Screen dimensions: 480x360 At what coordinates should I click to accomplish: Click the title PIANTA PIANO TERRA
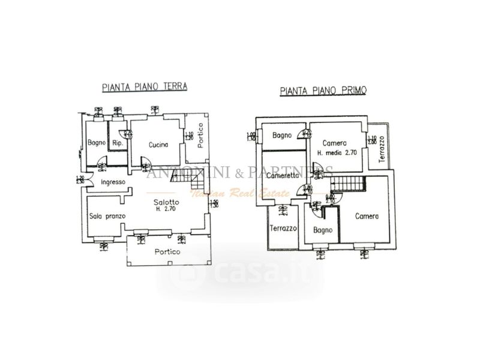pyautogui.click(x=145, y=86)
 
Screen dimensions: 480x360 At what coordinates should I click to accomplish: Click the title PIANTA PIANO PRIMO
pyautogui.click(x=324, y=91)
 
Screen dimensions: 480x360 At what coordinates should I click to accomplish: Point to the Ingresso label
pyautogui.click(x=113, y=182)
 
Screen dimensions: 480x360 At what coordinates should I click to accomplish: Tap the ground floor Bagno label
pyautogui.click(x=97, y=143)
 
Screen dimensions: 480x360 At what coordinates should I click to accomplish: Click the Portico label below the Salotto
pyautogui.click(x=166, y=251)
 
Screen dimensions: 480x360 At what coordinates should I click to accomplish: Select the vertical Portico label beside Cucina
pyautogui.click(x=200, y=136)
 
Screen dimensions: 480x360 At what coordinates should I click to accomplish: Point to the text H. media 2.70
pyautogui.click(x=337, y=152)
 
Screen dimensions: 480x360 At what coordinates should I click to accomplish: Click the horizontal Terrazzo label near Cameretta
pyautogui.click(x=283, y=229)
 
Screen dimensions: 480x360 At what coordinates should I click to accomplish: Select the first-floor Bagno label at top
pyautogui.click(x=282, y=136)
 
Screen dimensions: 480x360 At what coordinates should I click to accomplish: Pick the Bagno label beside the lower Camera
pyautogui.click(x=323, y=230)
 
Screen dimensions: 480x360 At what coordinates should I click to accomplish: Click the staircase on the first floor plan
pyautogui.click(x=349, y=184)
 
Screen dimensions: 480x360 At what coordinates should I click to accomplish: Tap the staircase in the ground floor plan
pyautogui.click(x=180, y=175)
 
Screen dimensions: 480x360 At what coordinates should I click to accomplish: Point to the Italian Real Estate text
pyautogui.click(x=226, y=193)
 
